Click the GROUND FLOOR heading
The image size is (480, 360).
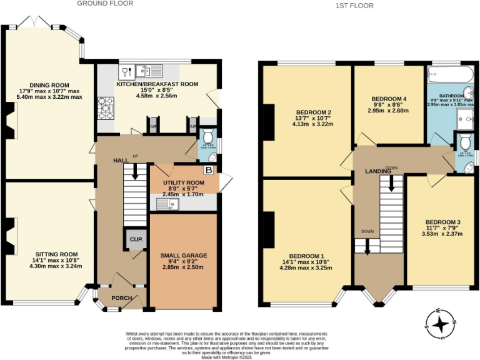click(105, 3)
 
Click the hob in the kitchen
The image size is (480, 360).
click(104, 107)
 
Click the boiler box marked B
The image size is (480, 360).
click(209, 170)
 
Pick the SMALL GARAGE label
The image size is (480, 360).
click(184, 255)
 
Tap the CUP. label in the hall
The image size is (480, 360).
click(134, 239)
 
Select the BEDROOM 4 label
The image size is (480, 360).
click(389, 99)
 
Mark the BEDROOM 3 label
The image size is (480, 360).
click(442, 222)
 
